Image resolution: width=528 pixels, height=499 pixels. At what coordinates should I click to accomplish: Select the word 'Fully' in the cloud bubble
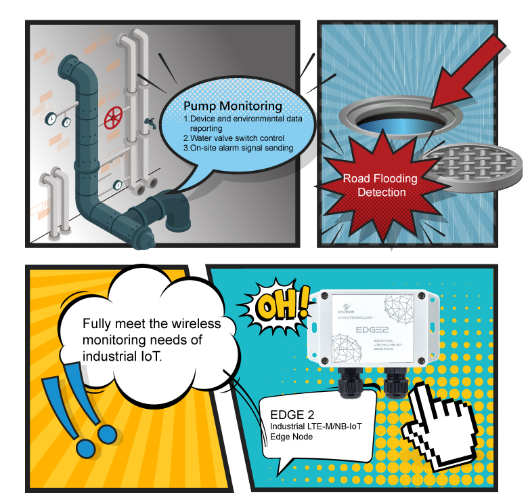click(95, 323)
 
